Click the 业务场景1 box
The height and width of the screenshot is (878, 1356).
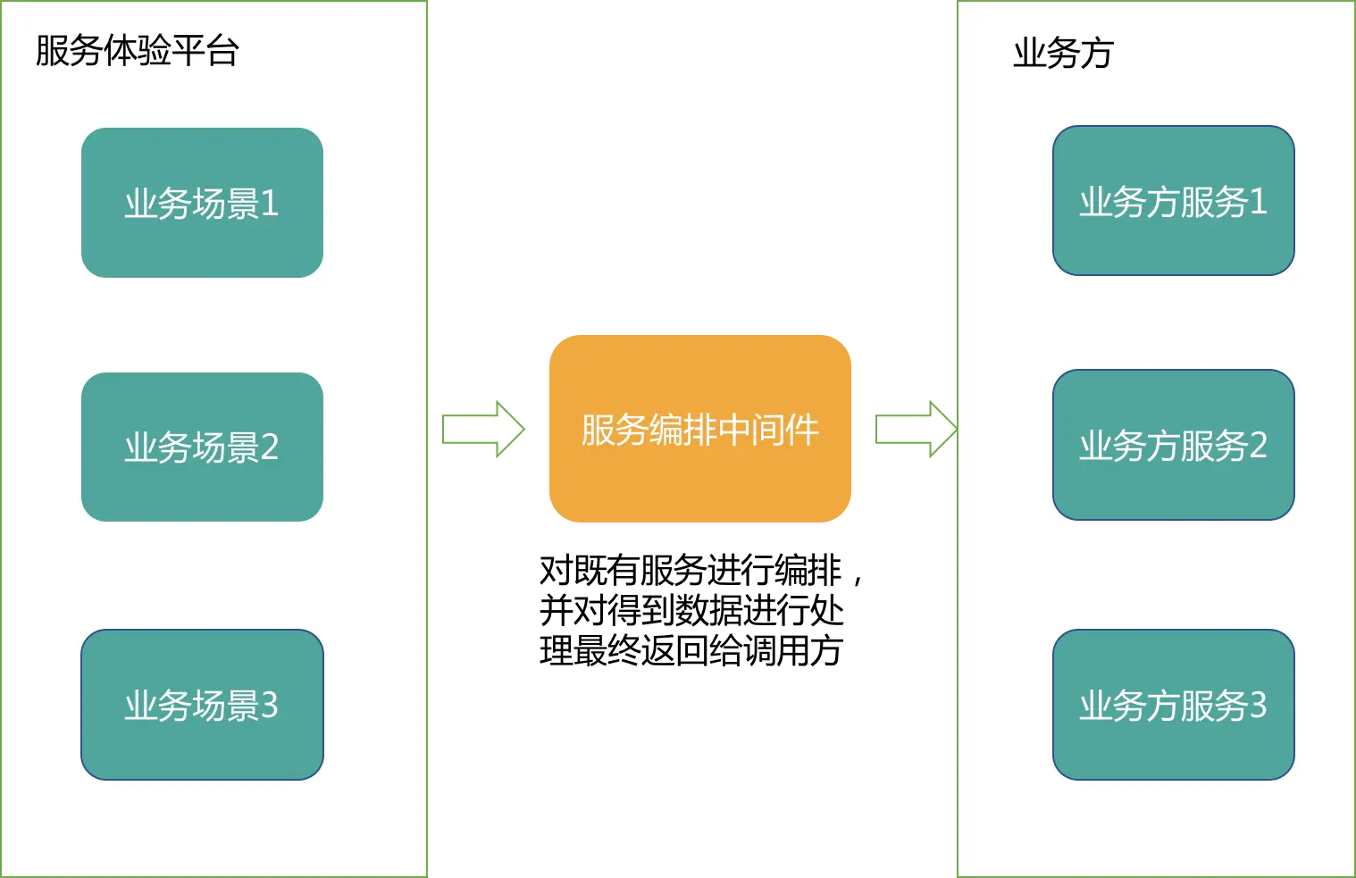202,203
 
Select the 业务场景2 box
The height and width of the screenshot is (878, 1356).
202,447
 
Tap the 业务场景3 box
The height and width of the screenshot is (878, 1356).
202,705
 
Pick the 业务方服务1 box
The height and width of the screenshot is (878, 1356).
1173,201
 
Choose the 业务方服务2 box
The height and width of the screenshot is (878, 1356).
1173,445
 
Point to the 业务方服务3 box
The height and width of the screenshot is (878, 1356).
1173,705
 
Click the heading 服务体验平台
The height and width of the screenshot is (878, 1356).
137,51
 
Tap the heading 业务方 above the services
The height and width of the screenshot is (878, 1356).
1063,54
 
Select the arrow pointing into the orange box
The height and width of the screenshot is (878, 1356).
482,430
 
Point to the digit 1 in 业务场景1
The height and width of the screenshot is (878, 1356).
270,204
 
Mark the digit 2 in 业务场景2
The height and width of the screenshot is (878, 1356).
269,447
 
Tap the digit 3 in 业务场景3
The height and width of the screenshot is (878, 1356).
269,706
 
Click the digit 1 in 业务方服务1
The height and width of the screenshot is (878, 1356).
1259,202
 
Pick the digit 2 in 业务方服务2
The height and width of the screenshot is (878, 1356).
1258,446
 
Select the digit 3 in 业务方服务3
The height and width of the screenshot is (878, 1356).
1258,706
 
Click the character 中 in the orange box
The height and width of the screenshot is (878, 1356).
733,430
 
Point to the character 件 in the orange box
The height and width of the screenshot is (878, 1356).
802,430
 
